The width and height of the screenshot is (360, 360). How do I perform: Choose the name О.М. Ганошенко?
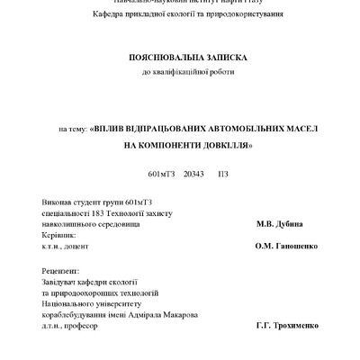[286, 246]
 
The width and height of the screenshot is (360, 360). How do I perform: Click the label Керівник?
[59, 234]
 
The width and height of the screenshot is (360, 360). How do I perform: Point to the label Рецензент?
[61, 271]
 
